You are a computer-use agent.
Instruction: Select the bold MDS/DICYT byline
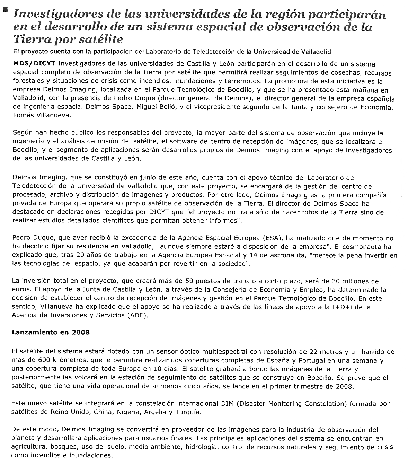click(x=34, y=64)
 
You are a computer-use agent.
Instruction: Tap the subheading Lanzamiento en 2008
click(x=51, y=332)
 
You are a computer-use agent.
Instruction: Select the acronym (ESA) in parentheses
click(x=274, y=238)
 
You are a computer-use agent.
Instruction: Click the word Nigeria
click(x=128, y=412)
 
